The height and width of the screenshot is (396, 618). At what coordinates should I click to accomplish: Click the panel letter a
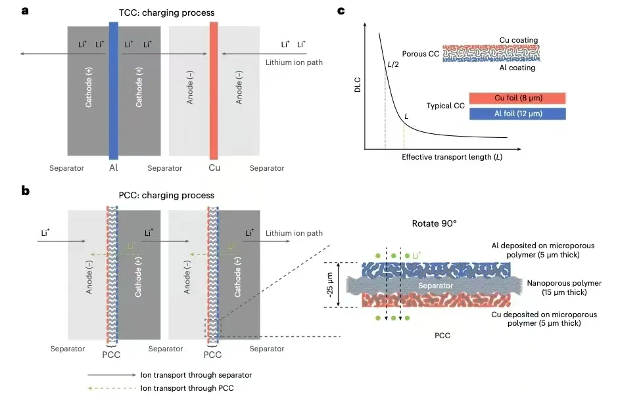tap(25, 11)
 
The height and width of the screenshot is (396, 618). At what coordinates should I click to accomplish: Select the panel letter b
tap(25, 191)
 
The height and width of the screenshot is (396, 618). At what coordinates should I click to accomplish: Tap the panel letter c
tap(341, 11)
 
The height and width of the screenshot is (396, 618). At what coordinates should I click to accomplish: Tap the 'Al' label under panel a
tap(114, 168)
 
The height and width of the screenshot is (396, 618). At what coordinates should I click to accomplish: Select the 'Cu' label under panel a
tap(214, 168)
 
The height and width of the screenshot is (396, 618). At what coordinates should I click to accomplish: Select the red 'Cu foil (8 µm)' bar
tap(518, 99)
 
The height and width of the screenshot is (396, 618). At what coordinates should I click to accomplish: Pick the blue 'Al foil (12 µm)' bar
tap(518, 114)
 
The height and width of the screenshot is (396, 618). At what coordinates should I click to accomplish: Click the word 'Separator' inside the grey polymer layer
tap(437, 286)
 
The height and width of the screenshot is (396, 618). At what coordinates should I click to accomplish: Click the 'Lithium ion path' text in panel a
tap(295, 62)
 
